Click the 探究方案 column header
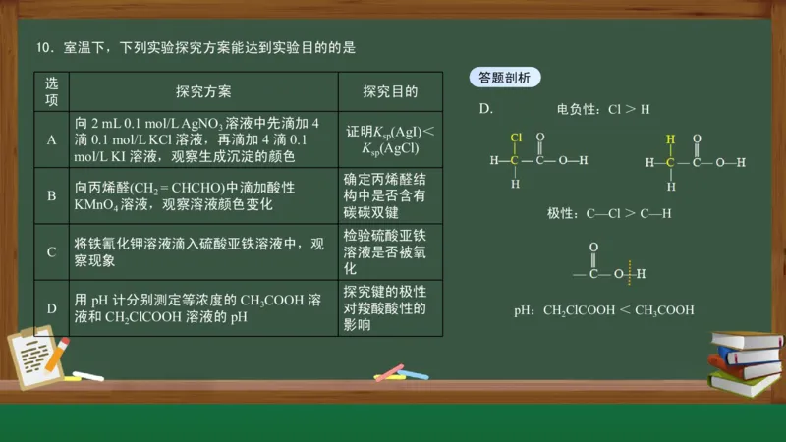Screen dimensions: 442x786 (x=203, y=91)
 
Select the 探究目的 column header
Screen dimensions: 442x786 (x=390, y=91)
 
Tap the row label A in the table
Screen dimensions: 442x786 (x=52, y=139)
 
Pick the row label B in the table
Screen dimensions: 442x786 (x=52, y=195)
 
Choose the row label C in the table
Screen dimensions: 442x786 (x=52, y=251)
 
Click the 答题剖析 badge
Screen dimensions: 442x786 (x=504, y=78)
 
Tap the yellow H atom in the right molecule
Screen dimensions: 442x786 (x=671, y=138)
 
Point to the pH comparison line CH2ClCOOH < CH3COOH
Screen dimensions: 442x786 (x=604, y=310)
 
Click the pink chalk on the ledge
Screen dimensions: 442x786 (x=390, y=371)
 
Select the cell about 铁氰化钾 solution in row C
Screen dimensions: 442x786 (x=203, y=251)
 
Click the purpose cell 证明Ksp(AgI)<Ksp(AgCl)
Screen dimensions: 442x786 (x=390, y=139)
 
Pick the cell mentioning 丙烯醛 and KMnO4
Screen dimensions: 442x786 (x=203, y=195)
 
